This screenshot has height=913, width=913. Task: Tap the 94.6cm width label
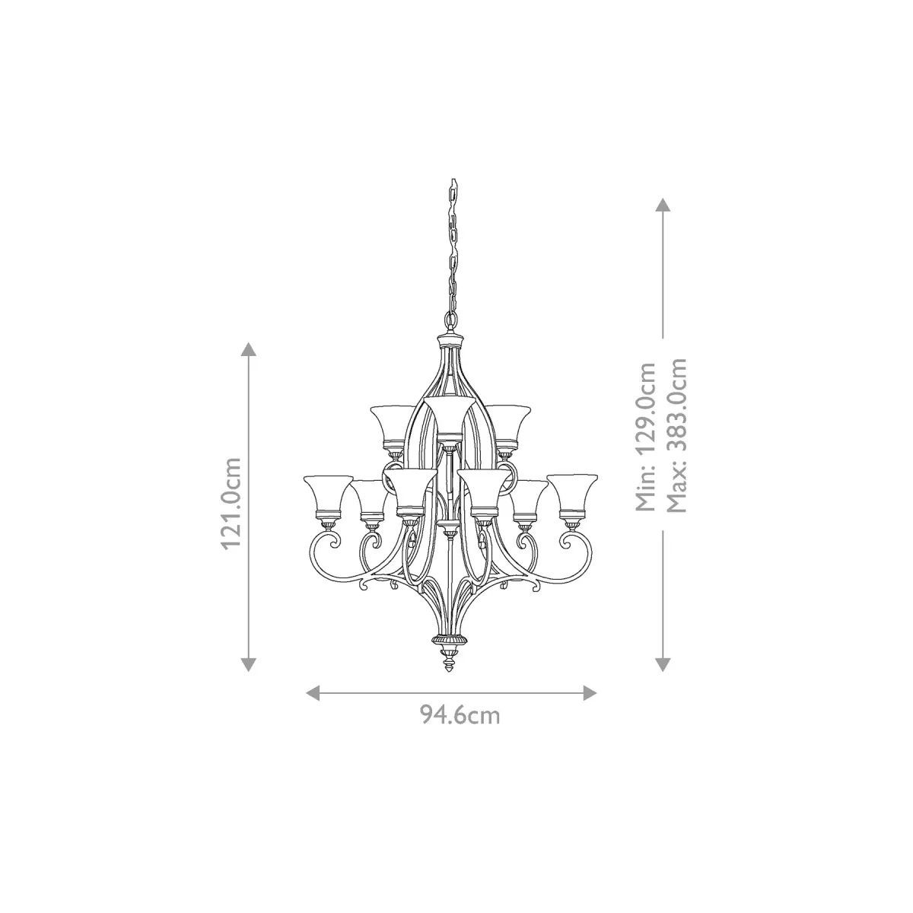tap(460, 728)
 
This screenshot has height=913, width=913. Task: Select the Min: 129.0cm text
tap(645, 437)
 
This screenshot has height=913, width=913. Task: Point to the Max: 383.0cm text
tap(676, 435)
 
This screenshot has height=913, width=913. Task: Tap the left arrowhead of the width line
tap(313, 693)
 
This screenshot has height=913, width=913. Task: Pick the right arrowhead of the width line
tap(589, 693)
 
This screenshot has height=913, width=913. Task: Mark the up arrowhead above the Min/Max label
tap(663, 205)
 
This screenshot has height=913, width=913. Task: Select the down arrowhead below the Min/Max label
tap(663, 664)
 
